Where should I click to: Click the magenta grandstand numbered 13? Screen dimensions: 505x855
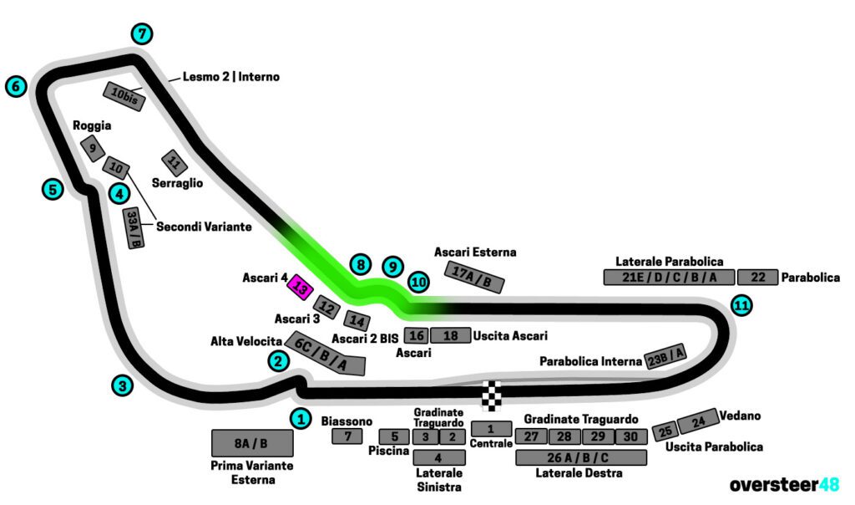point(300,288)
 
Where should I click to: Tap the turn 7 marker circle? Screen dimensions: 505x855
point(143,34)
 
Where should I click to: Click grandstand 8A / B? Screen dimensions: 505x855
point(251,443)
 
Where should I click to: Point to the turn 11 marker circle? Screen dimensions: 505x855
point(741,306)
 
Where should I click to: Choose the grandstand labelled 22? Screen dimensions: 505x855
point(758,278)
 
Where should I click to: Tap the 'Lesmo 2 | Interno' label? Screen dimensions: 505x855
point(231,77)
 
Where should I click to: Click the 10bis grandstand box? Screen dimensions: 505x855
point(124,97)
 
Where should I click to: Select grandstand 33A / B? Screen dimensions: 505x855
point(134,228)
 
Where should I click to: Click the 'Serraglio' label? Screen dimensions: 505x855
point(177,182)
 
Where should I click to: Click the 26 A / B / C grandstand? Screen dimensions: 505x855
point(581,457)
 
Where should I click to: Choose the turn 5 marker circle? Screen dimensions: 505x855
point(52,189)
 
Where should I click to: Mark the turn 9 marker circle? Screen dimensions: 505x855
point(392,267)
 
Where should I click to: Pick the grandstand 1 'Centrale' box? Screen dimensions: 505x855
point(492,429)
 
